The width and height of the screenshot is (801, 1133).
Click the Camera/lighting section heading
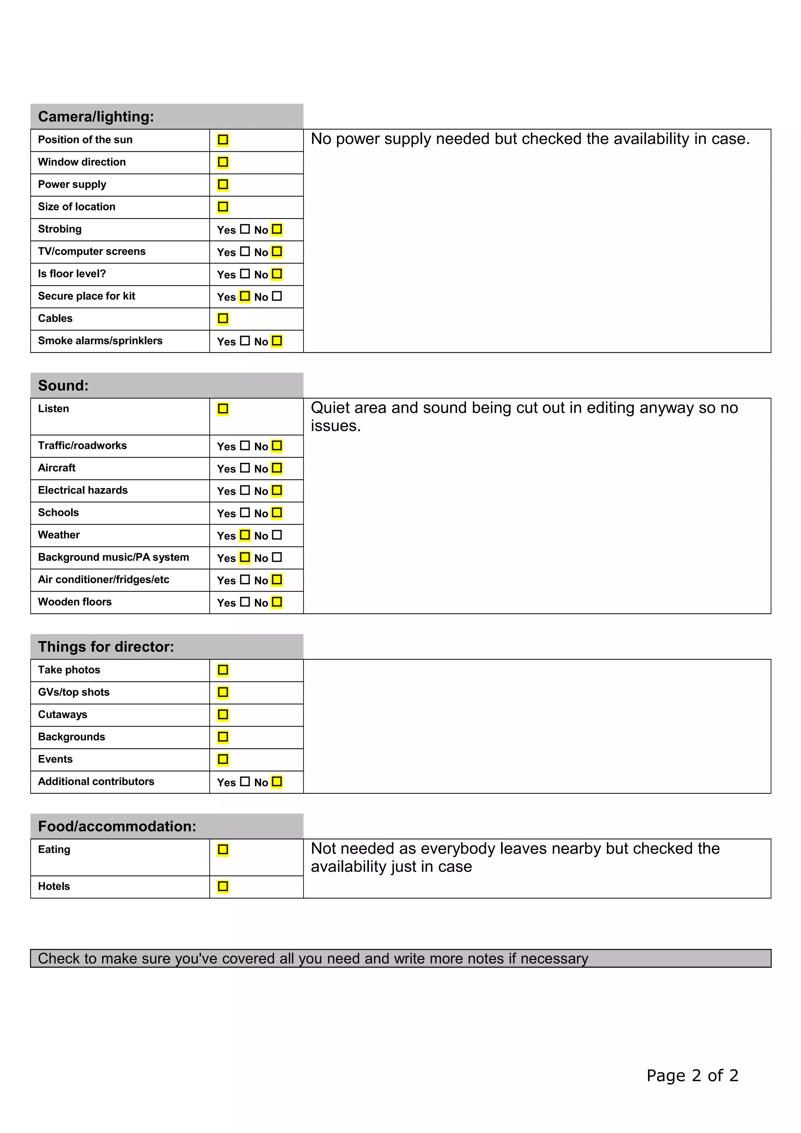(96, 117)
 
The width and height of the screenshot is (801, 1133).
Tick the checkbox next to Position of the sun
(223, 140)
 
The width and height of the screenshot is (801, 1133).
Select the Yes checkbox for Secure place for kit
(245, 296)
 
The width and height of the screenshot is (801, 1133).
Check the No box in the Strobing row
(277, 229)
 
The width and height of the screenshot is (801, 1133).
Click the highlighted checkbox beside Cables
(223, 318)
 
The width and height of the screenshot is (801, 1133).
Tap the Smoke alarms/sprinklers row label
(100, 341)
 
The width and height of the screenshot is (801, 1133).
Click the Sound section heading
(63, 385)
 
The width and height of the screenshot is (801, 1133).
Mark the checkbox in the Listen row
(223, 409)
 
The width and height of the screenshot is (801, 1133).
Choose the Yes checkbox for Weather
(245, 535)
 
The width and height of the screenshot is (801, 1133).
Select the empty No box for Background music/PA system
(277, 557)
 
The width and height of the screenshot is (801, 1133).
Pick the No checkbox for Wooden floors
(277, 602)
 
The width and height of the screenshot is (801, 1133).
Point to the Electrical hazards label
(83, 490)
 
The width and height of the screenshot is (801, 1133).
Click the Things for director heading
(106, 646)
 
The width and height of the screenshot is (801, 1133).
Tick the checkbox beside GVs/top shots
(223, 692)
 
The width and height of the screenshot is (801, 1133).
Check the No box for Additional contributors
(277, 781)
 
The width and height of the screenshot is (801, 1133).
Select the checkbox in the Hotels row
(223, 886)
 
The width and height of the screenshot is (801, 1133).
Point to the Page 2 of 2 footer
(692, 1075)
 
